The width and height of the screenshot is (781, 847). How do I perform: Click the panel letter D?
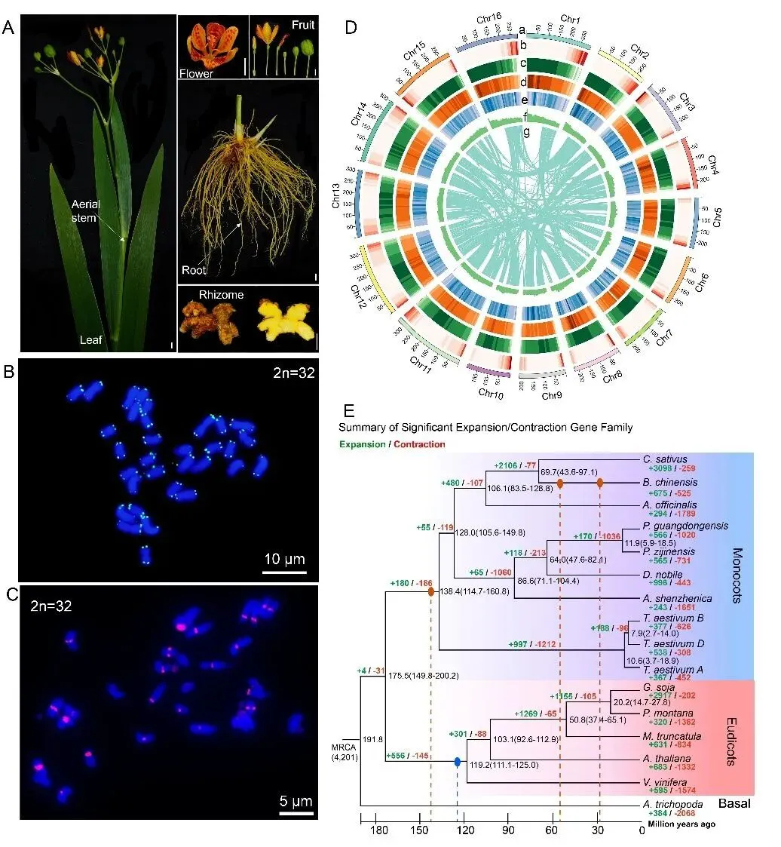(x=351, y=27)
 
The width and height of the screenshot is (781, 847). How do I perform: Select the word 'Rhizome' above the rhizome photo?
(x=221, y=295)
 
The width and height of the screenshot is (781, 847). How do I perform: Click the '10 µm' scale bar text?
(x=283, y=560)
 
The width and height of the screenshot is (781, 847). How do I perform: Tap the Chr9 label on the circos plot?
(x=543, y=393)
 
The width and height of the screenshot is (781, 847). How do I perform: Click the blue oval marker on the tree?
(x=458, y=763)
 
